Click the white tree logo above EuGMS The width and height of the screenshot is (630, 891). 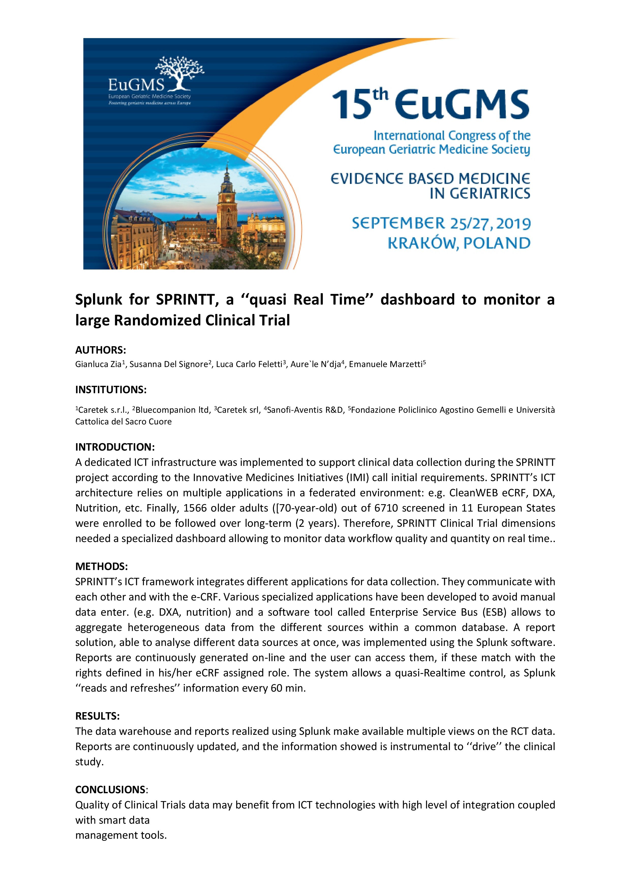point(179,73)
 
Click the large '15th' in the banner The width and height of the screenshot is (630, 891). point(359,104)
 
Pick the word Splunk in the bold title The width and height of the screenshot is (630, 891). point(99,300)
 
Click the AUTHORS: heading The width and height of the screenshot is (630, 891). point(101,350)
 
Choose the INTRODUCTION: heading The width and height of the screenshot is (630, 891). point(115,447)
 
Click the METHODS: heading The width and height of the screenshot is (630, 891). point(101,567)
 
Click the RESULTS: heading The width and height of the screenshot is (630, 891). point(97,716)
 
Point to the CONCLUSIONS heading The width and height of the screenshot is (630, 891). point(110,790)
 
